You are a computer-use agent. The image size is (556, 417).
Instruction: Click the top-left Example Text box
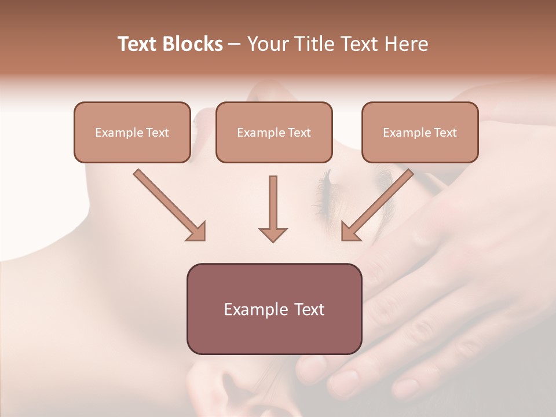click(132, 132)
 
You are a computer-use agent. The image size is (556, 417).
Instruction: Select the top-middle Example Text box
click(274, 132)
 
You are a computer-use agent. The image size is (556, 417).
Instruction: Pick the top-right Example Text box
click(420, 132)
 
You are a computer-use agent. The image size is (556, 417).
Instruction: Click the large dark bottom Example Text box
click(274, 309)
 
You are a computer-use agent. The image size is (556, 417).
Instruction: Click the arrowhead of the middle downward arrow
click(273, 234)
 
